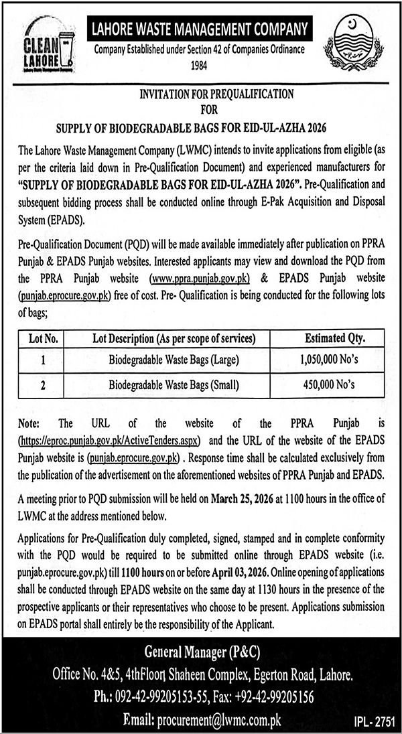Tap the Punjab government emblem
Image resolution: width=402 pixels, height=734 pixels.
tap(356, 46)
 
